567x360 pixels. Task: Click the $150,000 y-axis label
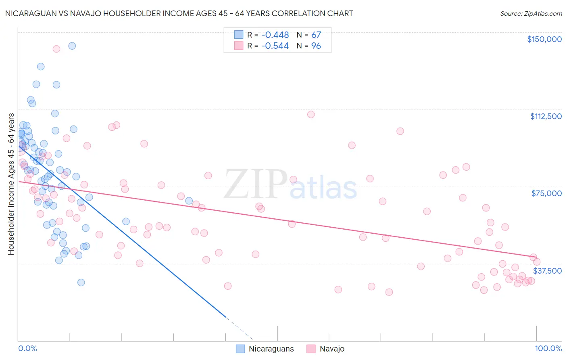click(x=544, y=39)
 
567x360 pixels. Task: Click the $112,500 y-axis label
click(x=546, y=116)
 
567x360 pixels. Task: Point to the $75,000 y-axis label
click(x=546, y=193)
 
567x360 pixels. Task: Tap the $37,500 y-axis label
click(x=547, y=271)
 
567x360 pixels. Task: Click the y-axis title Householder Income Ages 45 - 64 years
click(x=11, y=184)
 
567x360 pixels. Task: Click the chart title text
click(x=179, y=13)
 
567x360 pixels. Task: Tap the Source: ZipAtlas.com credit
click(x=531, y=14)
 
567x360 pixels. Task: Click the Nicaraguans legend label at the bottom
click(x=271, y=349)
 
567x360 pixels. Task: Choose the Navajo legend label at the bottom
click(x=332, y=349)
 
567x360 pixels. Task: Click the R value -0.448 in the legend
click(x=275, y=35)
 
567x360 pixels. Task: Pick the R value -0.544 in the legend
click(x=275, y=46)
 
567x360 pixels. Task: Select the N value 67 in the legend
click(x=316, y=35)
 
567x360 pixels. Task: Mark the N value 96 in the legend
click(x=316, y=46)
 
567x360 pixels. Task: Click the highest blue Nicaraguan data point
click(x=72, y=46)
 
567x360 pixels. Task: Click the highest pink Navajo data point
click(x=56, y=49)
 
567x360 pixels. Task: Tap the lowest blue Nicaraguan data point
click(x=81, y=283)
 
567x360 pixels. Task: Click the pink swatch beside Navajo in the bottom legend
click(x=311, y=349)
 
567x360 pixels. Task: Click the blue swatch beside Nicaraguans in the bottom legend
click(x=240, y=349)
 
